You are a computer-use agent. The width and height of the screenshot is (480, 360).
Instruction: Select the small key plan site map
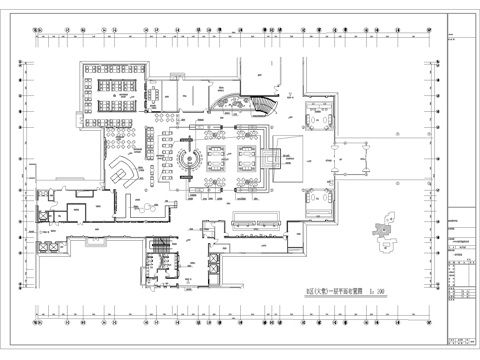[x=382, y=233]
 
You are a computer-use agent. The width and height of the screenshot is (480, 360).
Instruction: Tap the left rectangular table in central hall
[x=213, y=156]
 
